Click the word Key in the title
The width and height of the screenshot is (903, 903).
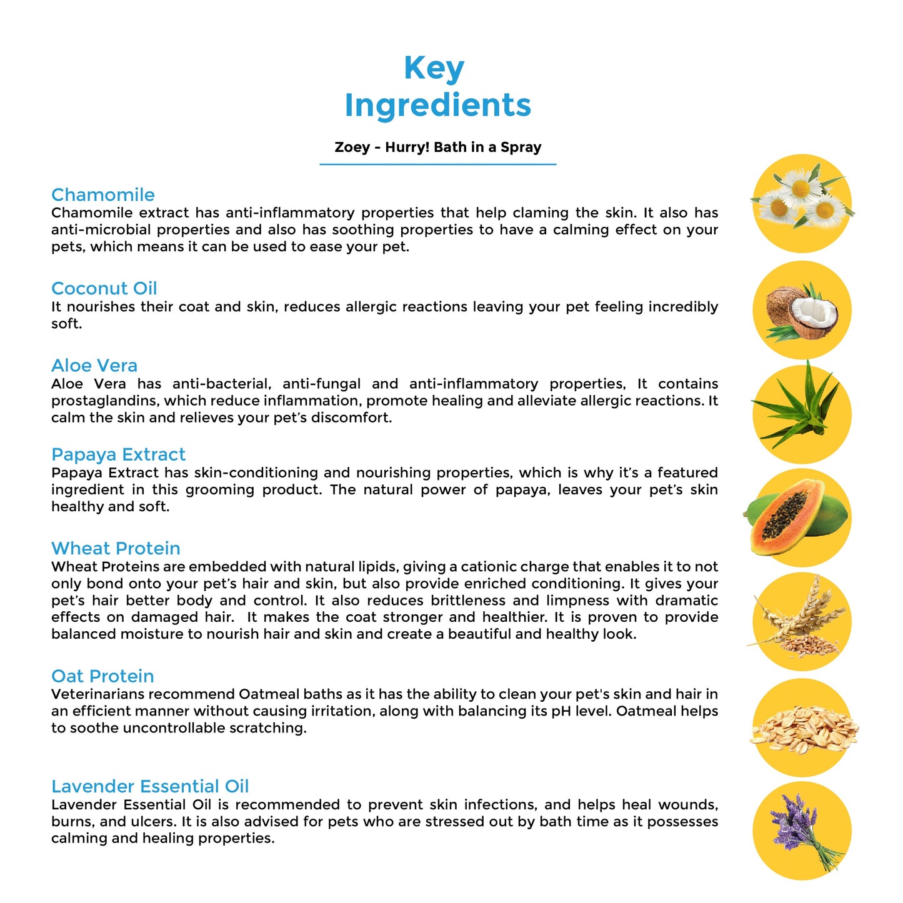tap(434, 69)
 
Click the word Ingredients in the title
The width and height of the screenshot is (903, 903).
tap(437, 105)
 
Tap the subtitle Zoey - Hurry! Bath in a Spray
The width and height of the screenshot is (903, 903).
tap(437, 147)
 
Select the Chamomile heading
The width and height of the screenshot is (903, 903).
tap(103, 195)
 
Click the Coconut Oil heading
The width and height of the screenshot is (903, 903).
tap(104, 289)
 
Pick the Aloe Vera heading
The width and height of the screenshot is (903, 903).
tap(94, 366)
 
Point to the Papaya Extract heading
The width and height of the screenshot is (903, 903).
tap(119, 454)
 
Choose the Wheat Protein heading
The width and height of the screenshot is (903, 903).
tap(116, 549)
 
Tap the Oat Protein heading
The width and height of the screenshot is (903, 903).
tap(102, 676)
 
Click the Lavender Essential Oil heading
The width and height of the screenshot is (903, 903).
tap(150, 786)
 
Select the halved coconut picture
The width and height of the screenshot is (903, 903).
tap(802, 311)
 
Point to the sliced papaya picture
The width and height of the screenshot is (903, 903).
tap(797, 518)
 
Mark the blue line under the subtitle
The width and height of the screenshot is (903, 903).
tap(437, 164)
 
